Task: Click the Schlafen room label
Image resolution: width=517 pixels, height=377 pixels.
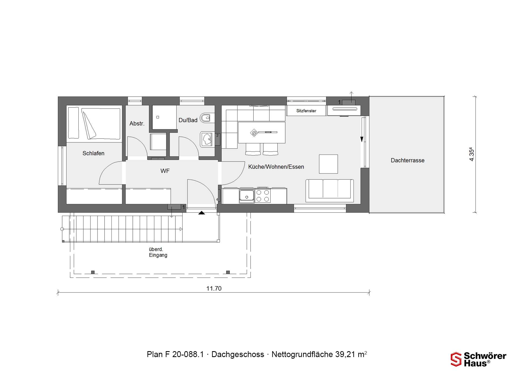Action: click(93, 153)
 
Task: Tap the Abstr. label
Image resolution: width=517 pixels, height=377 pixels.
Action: click(137, 124)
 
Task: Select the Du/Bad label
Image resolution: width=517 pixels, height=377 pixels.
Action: click(188, 120)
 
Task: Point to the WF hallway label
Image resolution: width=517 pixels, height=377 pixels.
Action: click(165, 171)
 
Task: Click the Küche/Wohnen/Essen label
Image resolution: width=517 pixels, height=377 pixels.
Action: click(276, 167)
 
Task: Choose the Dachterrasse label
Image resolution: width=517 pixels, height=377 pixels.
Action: click(407, 160)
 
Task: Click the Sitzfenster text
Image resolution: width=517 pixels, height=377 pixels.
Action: click(306, 111)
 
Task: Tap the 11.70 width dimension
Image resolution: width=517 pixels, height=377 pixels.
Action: click(214, 288)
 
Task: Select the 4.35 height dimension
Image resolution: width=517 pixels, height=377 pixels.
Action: click(471, 154)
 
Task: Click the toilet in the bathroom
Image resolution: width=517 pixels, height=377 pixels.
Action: click(207, 118)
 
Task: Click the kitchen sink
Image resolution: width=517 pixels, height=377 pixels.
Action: click(247, 196)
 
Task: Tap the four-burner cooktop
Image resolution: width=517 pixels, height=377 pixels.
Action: click(263, 196)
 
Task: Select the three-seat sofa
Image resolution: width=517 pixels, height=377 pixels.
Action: click(330, 191)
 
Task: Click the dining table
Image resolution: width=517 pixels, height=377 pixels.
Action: click(261, 132)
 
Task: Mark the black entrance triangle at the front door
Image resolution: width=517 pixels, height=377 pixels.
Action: click(202, 213)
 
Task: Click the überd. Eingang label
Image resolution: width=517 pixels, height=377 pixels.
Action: click(158, 252)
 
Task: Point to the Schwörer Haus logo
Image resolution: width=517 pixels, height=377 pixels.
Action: click(478, 359)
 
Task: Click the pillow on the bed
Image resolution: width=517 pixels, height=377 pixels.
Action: click(74, 123)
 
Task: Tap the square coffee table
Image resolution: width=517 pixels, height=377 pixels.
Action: click(328, 164)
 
